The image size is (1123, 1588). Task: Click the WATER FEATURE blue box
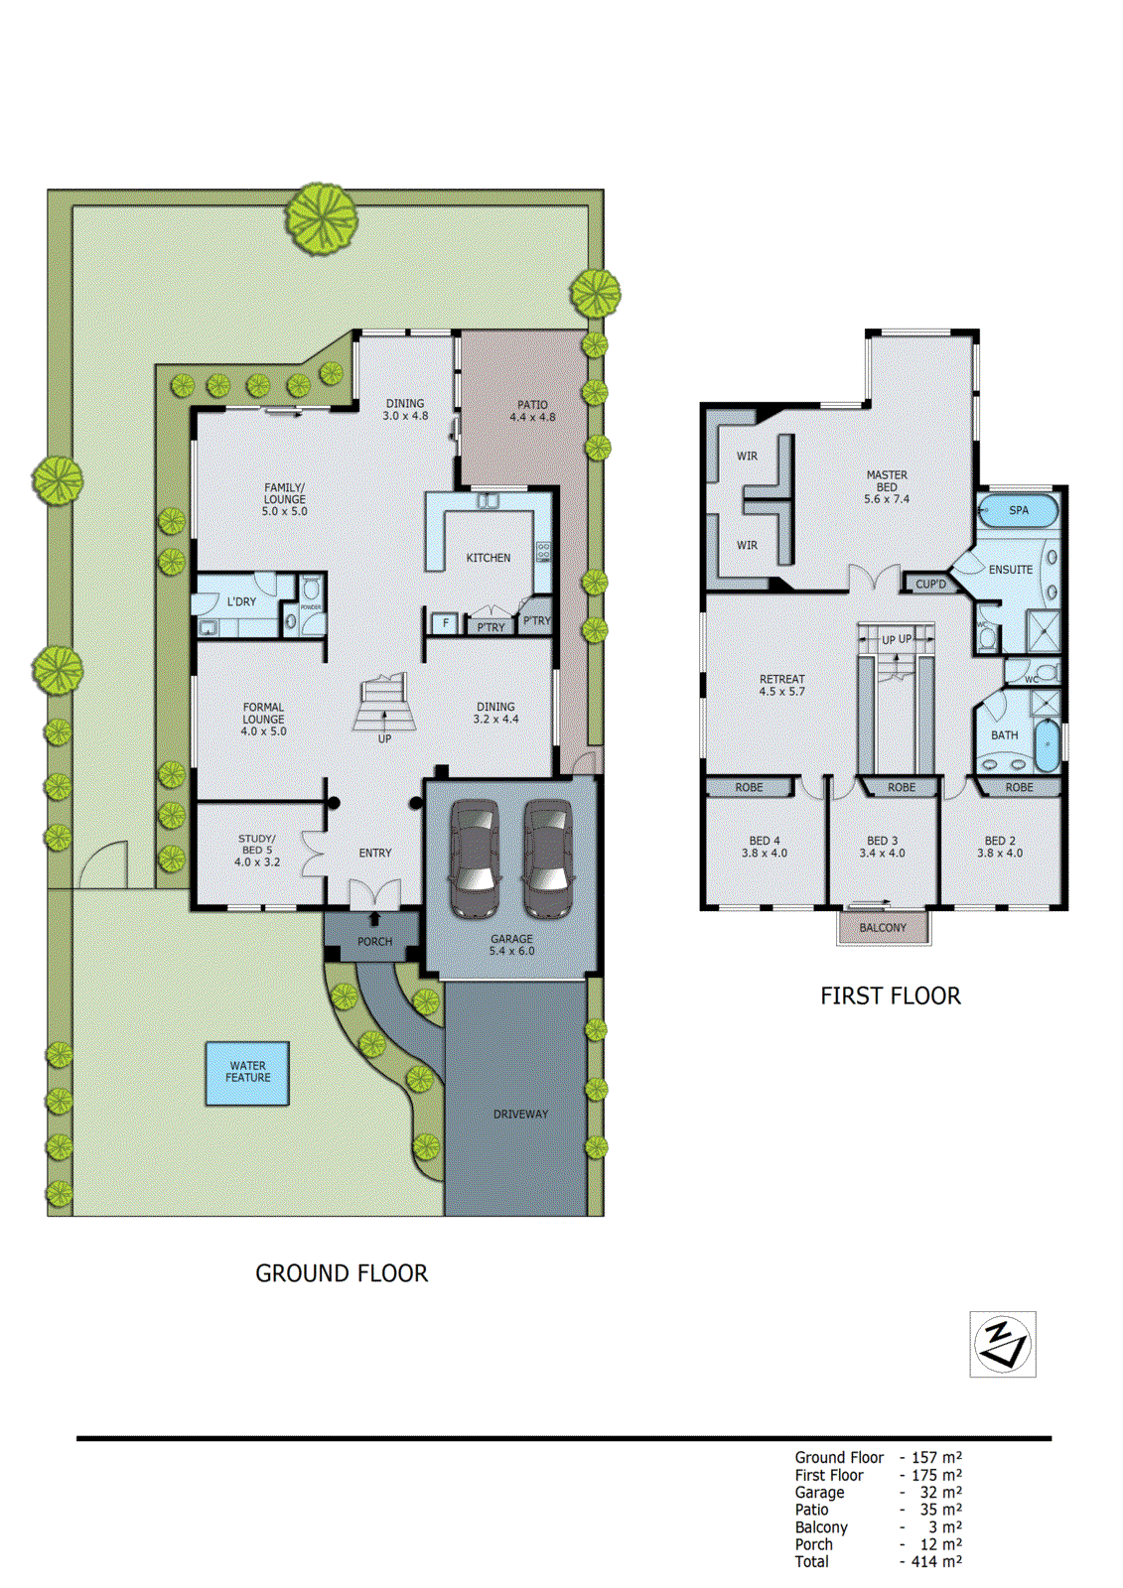(x=247, y=1073)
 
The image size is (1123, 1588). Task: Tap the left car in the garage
(x=475, y=860)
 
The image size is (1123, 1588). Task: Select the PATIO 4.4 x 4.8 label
(x=532, y=411)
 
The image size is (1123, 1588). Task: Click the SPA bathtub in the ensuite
(x=1018, y=510)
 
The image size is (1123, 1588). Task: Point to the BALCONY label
(x=883, y=928)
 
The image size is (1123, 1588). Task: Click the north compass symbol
(x=1002, y=1344)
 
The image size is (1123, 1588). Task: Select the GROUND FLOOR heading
(x=342, y=1273)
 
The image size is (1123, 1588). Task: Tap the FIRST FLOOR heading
(x=890, y=996)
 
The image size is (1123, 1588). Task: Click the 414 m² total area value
(x=936, y=1562)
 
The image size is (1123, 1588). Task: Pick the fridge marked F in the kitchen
(x=445, y=623)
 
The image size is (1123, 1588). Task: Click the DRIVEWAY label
(x=520, y=1115)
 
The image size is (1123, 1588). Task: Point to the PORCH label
(x=374, y=941)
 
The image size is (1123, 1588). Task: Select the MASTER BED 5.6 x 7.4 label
(x=886, y=487)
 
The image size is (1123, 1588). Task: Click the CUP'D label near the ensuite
(x=930, y=585)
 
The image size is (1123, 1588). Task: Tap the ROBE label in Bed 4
(x=749, y=788)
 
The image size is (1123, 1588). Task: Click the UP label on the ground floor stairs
(x=384, y=738)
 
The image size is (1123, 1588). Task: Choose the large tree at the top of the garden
(x=322, y=218)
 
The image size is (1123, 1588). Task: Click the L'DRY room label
(x=241, y=601)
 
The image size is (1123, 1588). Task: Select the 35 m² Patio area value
(x=939, y=1510)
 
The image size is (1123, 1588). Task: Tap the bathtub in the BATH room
(x=1048, y=746)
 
